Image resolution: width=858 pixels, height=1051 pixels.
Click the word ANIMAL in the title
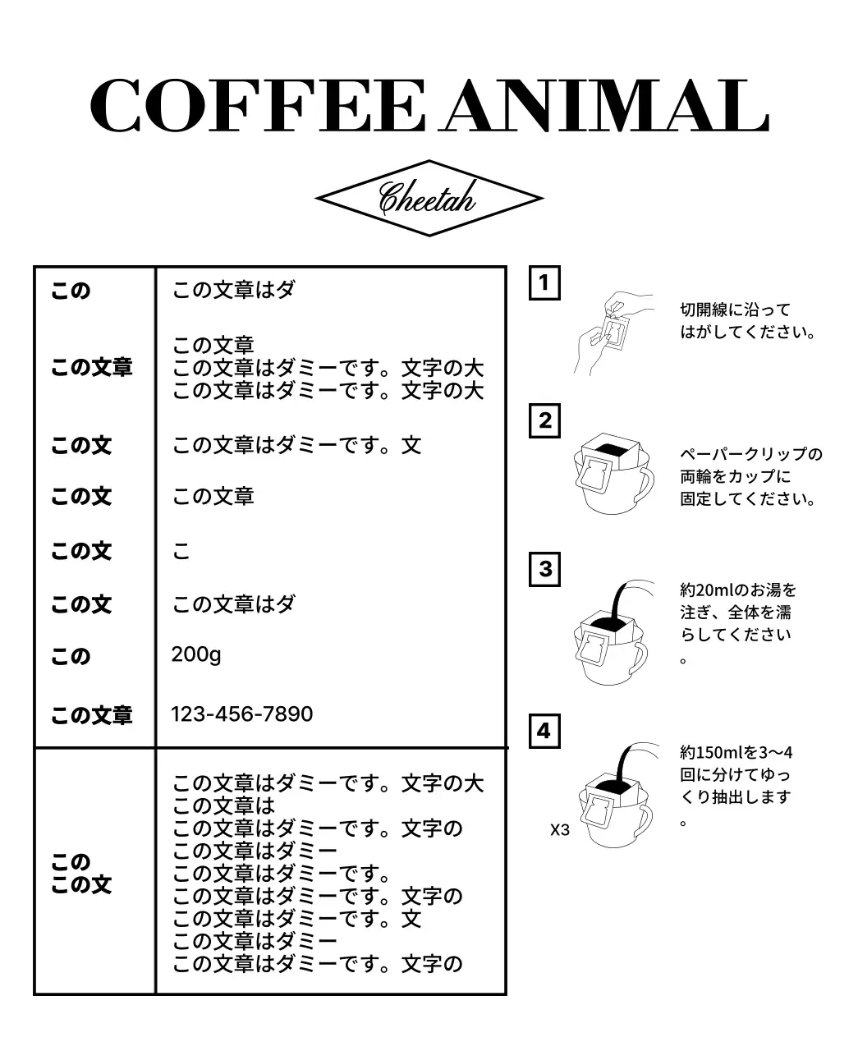click(605, 107)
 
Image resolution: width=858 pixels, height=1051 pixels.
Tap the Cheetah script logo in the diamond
click(428, 198)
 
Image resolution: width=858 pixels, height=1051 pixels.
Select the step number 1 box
click(544, 283)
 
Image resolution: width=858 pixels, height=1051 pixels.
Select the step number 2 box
click(544, 421)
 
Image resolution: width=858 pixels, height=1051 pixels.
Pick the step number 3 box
click(544, 569)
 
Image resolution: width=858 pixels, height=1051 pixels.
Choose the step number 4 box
click(544, 731)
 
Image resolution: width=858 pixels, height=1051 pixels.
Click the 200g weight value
click(196, 654)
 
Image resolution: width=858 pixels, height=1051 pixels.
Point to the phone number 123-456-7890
click(241, 714)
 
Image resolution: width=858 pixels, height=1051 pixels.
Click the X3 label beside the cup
click(559, 829)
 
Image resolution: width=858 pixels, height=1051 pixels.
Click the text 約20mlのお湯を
click(737, 590)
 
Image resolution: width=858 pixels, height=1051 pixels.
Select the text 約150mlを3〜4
click(736, 752)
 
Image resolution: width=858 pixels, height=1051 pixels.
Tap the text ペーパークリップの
click(750, 455)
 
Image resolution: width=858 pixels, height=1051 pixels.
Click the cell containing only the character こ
click(181, 551)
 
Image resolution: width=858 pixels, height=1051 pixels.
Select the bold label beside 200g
click(71, 657)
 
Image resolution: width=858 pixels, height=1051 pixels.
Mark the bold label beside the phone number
click(91, 715)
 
